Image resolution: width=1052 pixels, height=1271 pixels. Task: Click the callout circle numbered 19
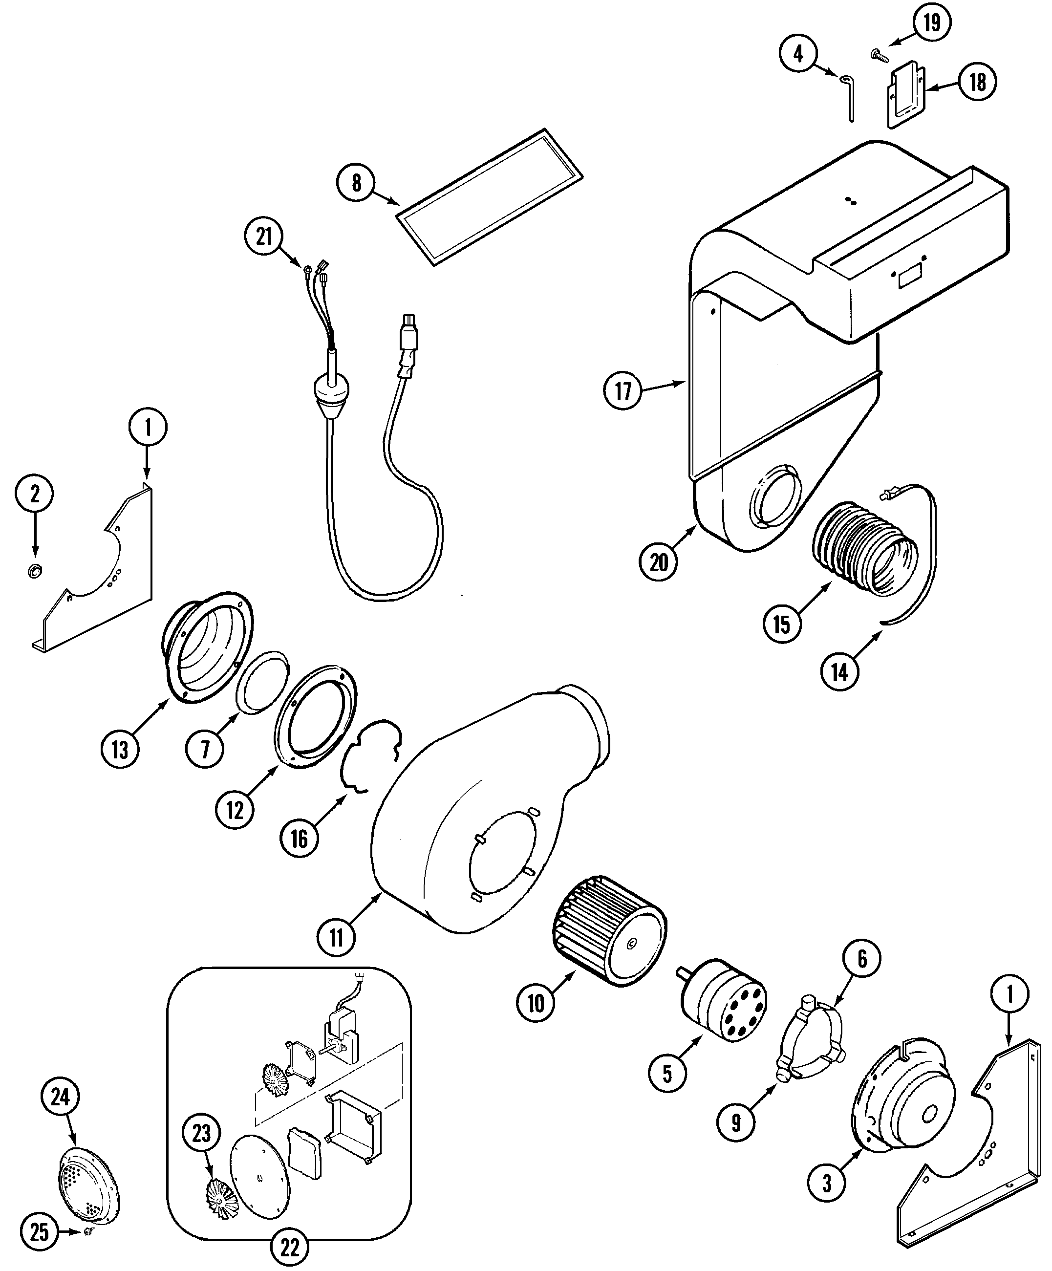pos(931,23)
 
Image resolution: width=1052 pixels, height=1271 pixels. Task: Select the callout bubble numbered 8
pos(356,182)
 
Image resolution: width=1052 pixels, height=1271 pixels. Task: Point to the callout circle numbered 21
pos(264,236)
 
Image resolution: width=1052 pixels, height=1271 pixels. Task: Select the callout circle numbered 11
pos(336,938)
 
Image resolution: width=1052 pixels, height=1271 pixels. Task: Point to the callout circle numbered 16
pos(299,839)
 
